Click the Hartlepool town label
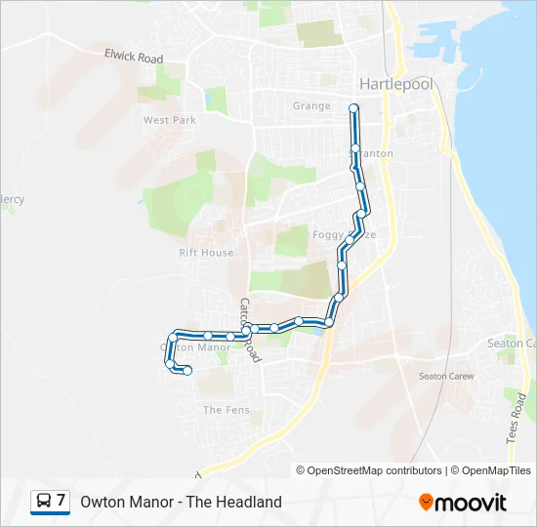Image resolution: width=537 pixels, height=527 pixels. pyautogui.click(x=395, y=84)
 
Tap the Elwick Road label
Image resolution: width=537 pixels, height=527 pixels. pyautogui.click(x=134, y=59)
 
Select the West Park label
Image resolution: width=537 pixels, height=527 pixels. pyautogui.click(x=170, y=120)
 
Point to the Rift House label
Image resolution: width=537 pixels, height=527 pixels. pyautogui.click(x=206, y=253)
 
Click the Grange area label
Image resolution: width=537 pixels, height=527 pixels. pyautogui.click(x=311, y=105)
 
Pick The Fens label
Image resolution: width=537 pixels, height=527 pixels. pyautogui.click(x=227, y=411)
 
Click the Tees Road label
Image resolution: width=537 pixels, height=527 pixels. pyautogui.click(x=516, y=418)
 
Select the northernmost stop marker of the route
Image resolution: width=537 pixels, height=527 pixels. pyautogui.click(x=353, y=107)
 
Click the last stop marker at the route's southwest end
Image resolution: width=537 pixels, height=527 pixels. pyautogui.click(x=186, y=371)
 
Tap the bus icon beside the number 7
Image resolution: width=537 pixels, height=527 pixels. pyautogui.click(x=44, y=502)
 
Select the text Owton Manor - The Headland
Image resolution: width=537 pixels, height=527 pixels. pyautogui.click(x=181, y=502)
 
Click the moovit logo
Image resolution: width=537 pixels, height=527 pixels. pyautogui.click(x=463, y=503)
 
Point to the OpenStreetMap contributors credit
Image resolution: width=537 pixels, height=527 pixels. pyautogui.click(x=369, y=470)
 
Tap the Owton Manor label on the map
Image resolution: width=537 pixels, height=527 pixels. pyautogui.click(x=195, y=346)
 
